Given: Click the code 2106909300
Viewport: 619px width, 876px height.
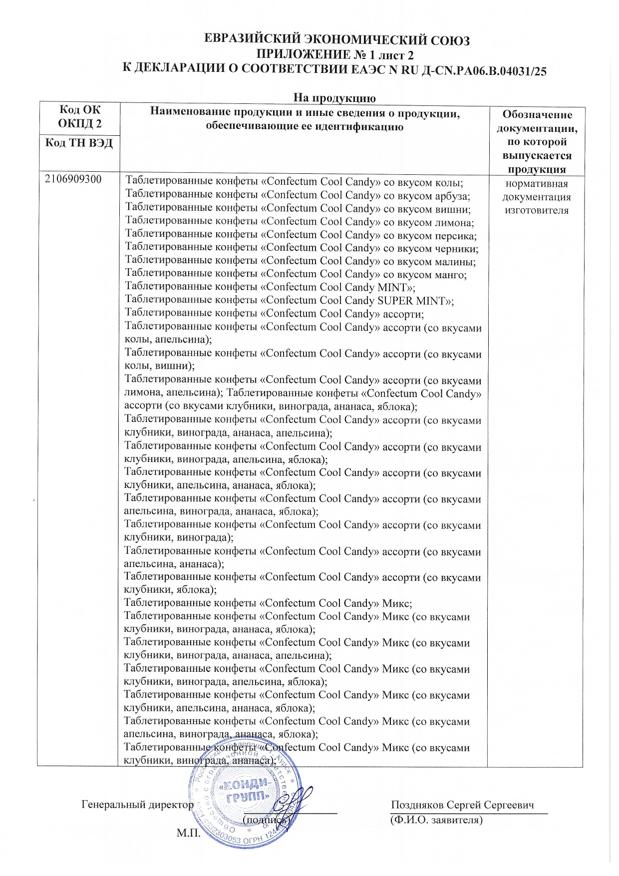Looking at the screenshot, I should click(73, 179).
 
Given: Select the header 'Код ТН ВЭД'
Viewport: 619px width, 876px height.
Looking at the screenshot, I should click(79, 143).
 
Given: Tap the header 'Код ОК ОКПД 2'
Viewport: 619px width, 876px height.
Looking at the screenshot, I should click(79, 116).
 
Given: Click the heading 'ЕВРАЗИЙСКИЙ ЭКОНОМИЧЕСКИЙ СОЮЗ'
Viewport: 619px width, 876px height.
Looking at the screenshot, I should click(337, 40).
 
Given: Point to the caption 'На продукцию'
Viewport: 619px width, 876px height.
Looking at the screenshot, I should click(334, 97).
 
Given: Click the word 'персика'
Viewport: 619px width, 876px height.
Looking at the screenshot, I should click(455, 235).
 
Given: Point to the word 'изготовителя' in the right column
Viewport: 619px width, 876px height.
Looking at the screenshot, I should click(536, 210).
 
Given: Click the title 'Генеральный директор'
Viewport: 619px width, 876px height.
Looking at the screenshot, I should click(137, 805).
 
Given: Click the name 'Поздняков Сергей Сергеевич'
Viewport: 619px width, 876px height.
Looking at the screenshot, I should click(462, 805).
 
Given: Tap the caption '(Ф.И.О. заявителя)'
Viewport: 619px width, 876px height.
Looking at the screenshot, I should click(436, 820).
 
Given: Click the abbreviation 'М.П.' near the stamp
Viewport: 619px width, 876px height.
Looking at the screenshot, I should click(188, 833).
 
